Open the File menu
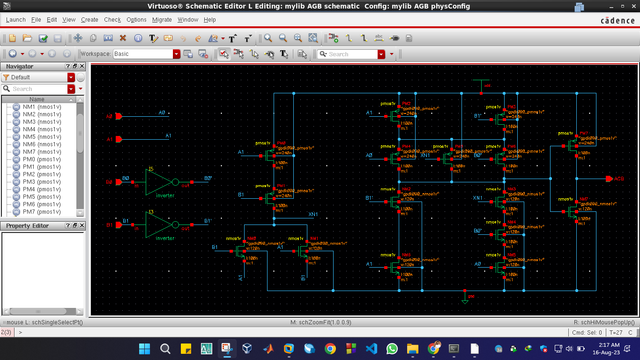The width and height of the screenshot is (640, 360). (36, 19)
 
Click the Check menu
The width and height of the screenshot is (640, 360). (112, 19)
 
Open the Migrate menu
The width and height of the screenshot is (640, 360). (162, 19)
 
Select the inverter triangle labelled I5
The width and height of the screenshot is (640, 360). (156, 182)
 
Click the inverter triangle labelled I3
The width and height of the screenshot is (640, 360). (156, 226)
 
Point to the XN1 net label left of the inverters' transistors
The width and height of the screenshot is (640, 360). (313, 214)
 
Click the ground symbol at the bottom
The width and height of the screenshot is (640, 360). (464, 297)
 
